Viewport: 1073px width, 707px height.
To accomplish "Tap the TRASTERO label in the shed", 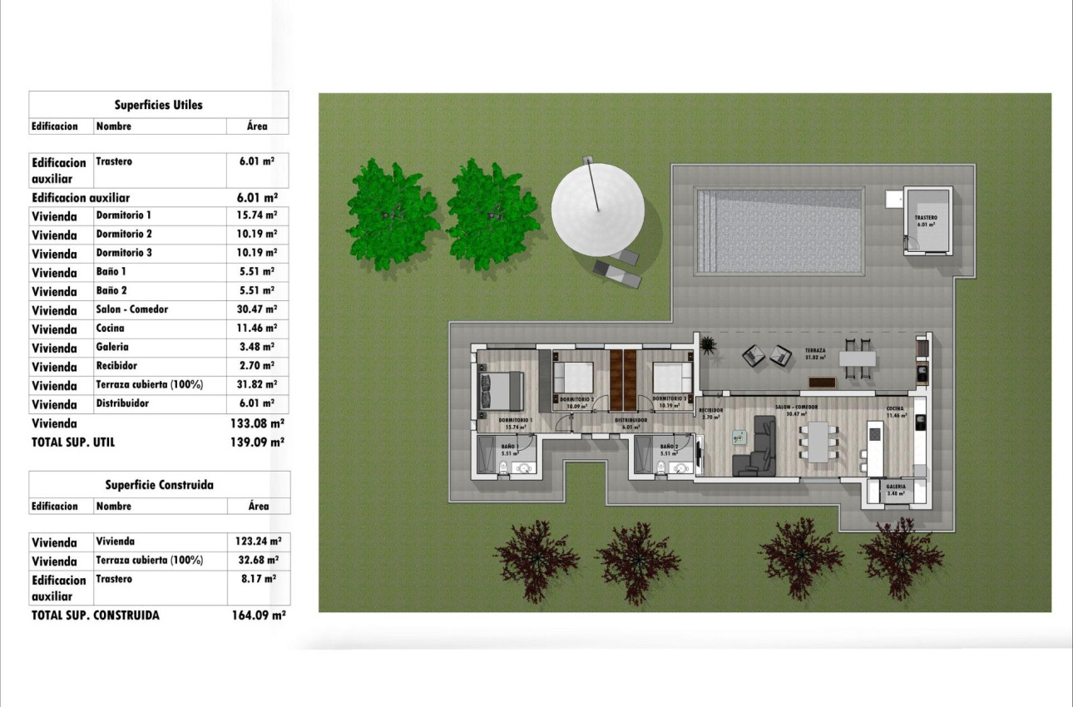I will (927, 217).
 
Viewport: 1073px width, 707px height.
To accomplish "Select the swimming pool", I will (779, 231).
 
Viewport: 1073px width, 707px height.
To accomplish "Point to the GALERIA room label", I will (896, 487).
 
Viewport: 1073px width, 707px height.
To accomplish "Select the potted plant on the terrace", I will (708, 344).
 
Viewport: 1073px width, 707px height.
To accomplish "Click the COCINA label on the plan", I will (895, 408).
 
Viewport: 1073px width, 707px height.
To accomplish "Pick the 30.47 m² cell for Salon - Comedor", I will (258, 309).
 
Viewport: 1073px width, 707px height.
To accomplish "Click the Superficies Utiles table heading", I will (158, 105).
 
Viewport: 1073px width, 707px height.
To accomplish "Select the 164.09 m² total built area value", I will (258, 616).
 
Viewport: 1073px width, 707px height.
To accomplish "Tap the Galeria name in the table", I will (112, 347).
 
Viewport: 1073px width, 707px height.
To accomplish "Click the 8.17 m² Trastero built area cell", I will (258, 579).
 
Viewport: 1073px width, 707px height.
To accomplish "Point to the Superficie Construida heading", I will (159, 485).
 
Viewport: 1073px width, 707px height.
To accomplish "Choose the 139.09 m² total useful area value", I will (258, 442).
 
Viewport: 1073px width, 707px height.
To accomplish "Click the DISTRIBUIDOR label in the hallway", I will (631, 421).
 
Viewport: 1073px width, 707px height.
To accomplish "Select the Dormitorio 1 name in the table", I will (124, 215).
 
